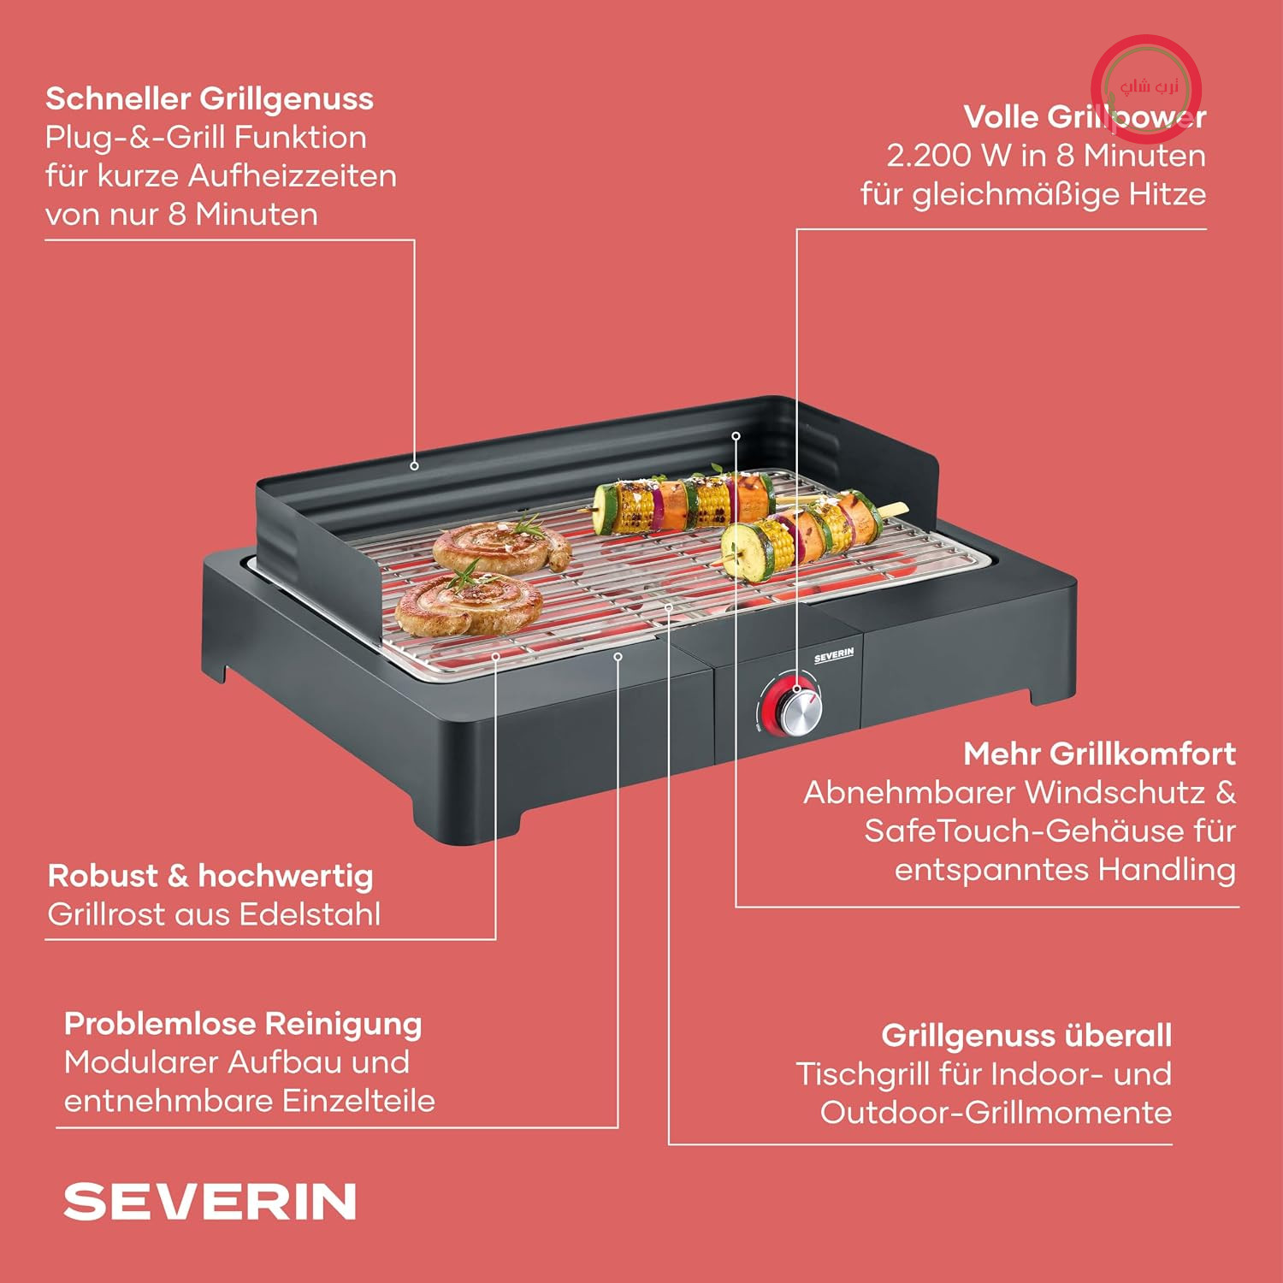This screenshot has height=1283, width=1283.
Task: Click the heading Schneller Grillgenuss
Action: pyautogui.click(x=210, y=99)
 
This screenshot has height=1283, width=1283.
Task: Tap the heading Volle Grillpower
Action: pyautogui.click(x=1085, y=117)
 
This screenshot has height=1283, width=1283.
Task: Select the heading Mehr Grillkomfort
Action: pyautogui.click(x=1099, y=754)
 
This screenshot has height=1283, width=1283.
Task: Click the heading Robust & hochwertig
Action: pyautogui.click(x=210, y=877)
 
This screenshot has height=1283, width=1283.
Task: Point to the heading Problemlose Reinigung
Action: pyautogui.click(x=243, y=1025)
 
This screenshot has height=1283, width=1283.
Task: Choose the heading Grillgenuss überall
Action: pyautogui.click(x=1026, y=1035)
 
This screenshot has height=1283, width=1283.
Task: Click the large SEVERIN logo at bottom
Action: pyautogui.click(x=210, y=1202)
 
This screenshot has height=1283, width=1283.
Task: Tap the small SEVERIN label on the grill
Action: pyautogui.click(x=834, y=656)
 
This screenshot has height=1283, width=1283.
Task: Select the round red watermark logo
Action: pyautogui.click(x=1147, y=87)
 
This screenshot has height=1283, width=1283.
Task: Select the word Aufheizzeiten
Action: pyautogui.click(x=293, y=176)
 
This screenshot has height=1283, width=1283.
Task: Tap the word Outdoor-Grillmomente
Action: pyautogui.click(x=996, y=1113)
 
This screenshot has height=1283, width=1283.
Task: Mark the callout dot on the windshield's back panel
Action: pyautogui.click(x=415, y=466)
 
